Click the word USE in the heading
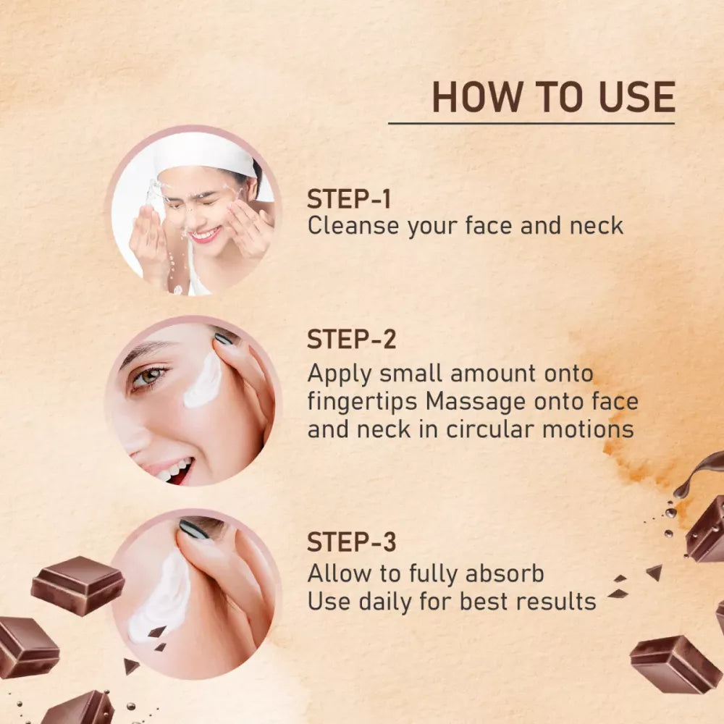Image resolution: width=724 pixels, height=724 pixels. click(637, 97)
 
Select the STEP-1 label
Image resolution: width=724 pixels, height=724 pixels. click(349, 200)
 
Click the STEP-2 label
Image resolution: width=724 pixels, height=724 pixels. click(352, 340)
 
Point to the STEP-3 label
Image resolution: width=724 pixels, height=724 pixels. click(352, 542)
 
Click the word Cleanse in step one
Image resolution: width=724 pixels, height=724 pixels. click(353, 226)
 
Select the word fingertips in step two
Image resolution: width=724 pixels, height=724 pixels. click(363, 403)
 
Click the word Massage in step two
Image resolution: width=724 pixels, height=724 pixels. click(475, 403)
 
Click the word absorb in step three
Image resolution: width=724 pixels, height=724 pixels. click(505, 573)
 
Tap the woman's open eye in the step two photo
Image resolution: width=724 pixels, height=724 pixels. click(148, 375)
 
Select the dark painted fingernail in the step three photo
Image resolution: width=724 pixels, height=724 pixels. click(194, 530)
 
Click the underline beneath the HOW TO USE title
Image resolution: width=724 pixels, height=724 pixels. click(531, 123)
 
